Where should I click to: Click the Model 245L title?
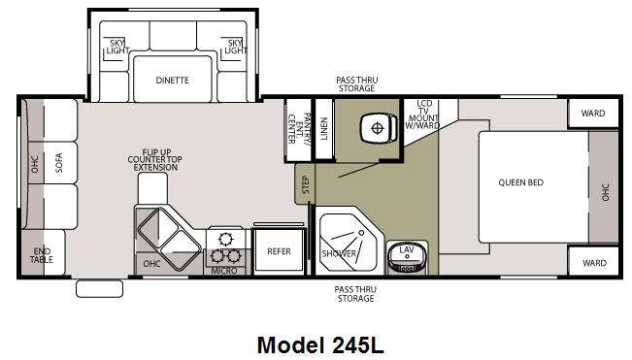coord(320,345)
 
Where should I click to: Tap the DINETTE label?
coord(172,81)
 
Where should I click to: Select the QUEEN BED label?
coord(520,182)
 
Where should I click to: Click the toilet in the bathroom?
coord(379,128)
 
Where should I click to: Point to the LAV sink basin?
coord(406,258)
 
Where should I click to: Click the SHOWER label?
coord(339,253)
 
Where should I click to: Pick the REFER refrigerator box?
coord(279,250)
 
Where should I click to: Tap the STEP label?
coord(306,184)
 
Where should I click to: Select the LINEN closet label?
coord(323,128)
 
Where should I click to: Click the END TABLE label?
coord(42,256)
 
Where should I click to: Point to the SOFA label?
coord(59,163)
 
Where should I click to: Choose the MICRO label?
coord(224,271)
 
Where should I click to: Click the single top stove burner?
coord(225,240)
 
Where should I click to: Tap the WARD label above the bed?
coord(593,114)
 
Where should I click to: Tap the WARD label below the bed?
coord(594,263)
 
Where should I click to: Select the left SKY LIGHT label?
coord(117,47)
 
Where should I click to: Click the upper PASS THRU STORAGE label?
coord(356,84)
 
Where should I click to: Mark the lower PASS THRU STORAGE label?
coord(355,294)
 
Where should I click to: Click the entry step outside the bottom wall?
coord(99,289)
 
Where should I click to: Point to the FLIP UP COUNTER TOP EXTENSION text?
coord(154,159)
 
